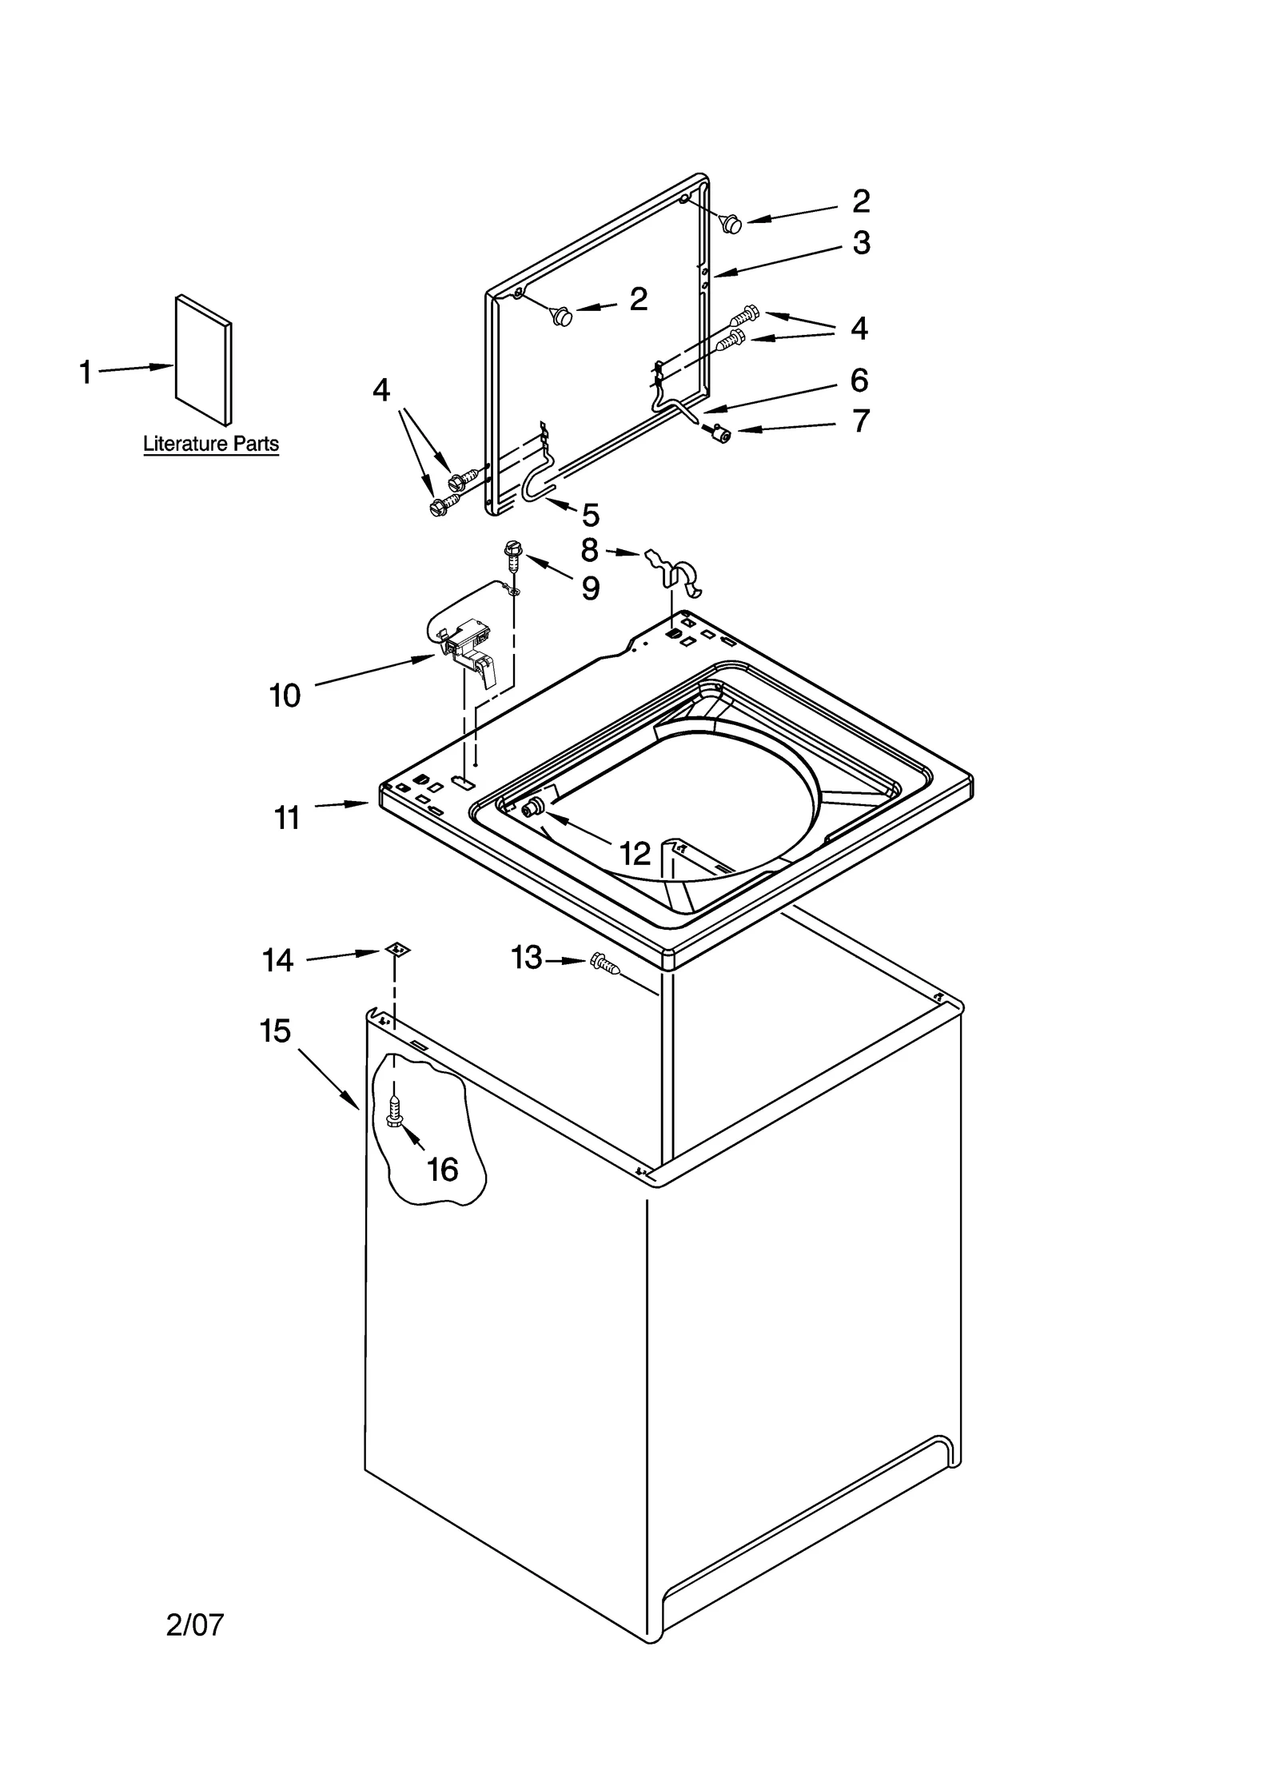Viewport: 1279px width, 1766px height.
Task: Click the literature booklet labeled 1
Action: point(204,359)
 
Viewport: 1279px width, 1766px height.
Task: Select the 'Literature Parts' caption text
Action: point(211,444)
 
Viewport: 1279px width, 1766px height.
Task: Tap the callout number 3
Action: point(860,243)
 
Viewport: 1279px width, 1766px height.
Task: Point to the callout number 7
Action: point(860,421)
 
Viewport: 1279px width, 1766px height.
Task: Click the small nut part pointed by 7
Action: point(721,433)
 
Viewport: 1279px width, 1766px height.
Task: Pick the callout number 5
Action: point(590,516)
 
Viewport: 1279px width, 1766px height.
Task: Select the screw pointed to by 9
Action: point(512,553)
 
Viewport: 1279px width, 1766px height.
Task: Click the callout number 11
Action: point(287,818)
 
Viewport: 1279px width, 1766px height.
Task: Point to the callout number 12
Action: point(636,854)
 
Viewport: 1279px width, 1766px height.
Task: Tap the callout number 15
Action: point(275,1031)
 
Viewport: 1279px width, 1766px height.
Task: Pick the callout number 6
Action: point(859,381)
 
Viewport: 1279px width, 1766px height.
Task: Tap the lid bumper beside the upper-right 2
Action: point(730,224)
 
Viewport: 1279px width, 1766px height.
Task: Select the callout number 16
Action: point(442,1170)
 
